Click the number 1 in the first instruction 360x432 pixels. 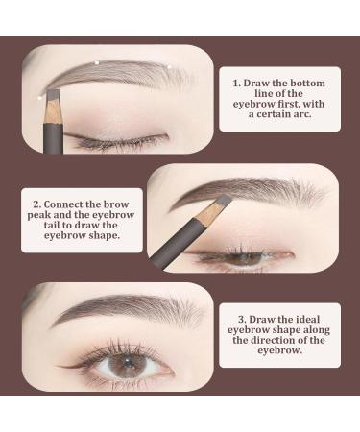coord(235,83)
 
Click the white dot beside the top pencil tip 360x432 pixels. coord(39,93)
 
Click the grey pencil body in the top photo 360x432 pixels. coord(55,130)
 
